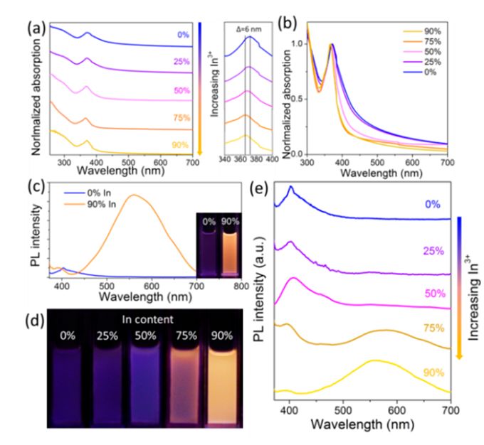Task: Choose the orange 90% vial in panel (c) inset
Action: pos(228,249)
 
